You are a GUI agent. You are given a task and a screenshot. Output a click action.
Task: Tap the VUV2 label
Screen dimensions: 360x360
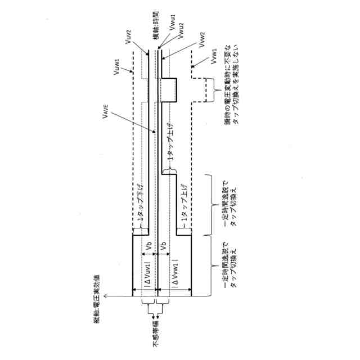click(129, 38)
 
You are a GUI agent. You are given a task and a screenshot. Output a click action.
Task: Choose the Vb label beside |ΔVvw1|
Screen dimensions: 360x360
click(163, 247)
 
